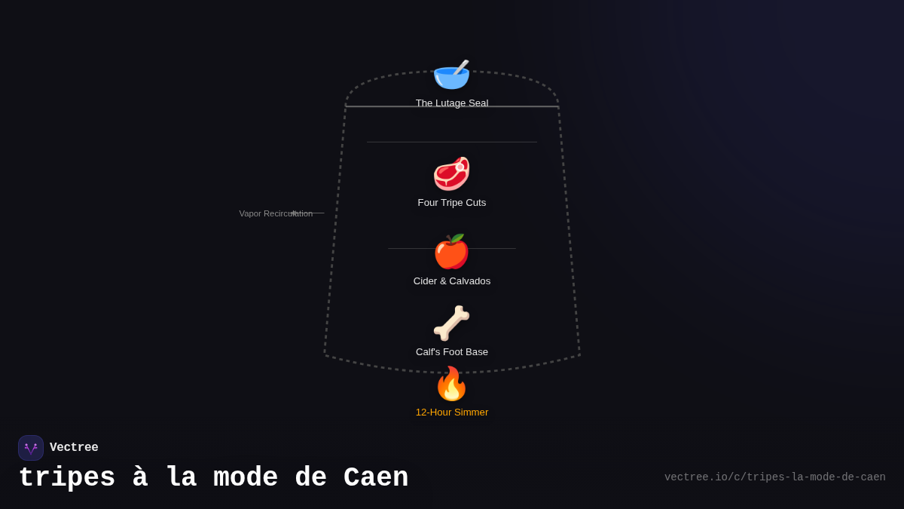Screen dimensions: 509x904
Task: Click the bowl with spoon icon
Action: tap(451, 75)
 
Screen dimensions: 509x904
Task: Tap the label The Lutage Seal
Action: tap(452, 103)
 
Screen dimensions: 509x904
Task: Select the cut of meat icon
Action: tap(451, 173)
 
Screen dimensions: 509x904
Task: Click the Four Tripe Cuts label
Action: tap(452, 203)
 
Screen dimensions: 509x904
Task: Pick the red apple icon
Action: tap(451, 252)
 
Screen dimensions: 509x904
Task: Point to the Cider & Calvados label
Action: tap(452, 281)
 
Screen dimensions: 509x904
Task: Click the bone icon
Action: tap(451, 323)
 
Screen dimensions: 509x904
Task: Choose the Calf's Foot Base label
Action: tap(452, 352)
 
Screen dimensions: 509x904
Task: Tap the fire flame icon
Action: tap(451, 384)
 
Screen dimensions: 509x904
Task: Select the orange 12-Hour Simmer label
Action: tap(452, 412)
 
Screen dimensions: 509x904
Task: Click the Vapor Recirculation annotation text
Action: tap(276, 213)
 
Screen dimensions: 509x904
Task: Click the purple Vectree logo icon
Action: tap(31, 448)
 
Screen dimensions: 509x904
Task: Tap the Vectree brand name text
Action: tap(74, 448)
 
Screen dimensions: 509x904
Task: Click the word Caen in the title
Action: tap(376, 478)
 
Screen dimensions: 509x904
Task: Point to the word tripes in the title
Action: tap(67, 478)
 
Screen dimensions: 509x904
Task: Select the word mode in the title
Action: tap(246, 478)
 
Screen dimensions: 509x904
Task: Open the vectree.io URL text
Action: tap(774, 477)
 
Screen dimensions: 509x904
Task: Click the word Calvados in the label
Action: tap(469, 281)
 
